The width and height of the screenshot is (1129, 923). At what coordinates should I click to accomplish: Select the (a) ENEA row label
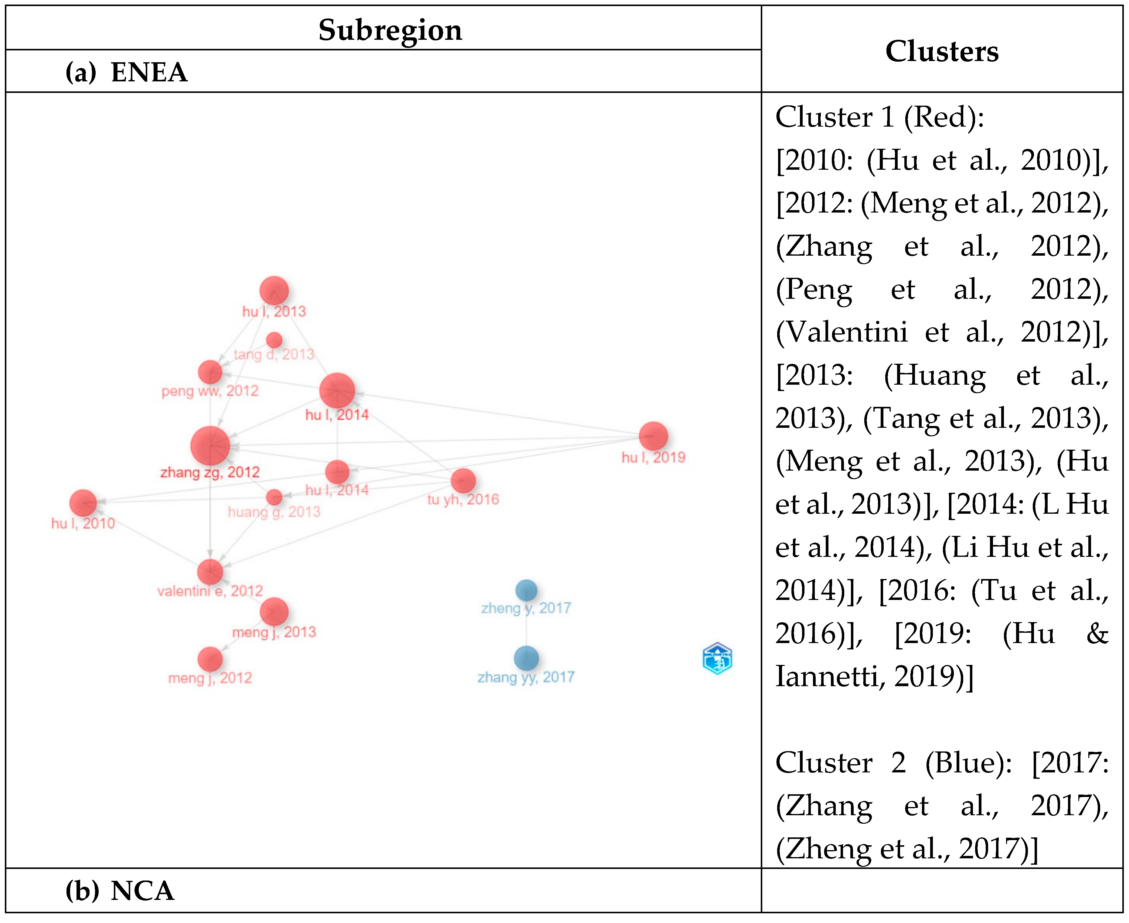coord(127,72)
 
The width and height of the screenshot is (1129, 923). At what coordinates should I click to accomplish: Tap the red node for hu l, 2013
coord(274,291)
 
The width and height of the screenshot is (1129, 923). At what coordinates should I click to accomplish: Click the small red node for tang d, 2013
coord(274,340)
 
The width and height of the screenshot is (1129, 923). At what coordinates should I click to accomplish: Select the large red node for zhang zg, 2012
coord(210,445)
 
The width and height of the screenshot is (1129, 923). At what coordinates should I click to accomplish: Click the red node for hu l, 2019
coord(653,436)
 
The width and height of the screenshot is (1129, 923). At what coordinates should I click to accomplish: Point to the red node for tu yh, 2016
coord(463,481)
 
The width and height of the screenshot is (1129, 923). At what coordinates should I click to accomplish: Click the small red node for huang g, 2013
coord(274,497)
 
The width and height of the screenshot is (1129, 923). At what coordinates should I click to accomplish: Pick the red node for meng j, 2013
coord(274,611)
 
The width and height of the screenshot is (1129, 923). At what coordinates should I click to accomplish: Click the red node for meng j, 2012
coord(210,659)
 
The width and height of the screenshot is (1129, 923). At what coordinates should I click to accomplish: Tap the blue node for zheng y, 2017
coord(526,590)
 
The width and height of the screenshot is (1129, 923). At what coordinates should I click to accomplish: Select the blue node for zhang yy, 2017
coord(526,658)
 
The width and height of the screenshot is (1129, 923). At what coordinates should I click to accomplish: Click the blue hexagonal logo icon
coord(717,658)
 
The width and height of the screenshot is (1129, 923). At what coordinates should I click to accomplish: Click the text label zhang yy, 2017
coord(526,677)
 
